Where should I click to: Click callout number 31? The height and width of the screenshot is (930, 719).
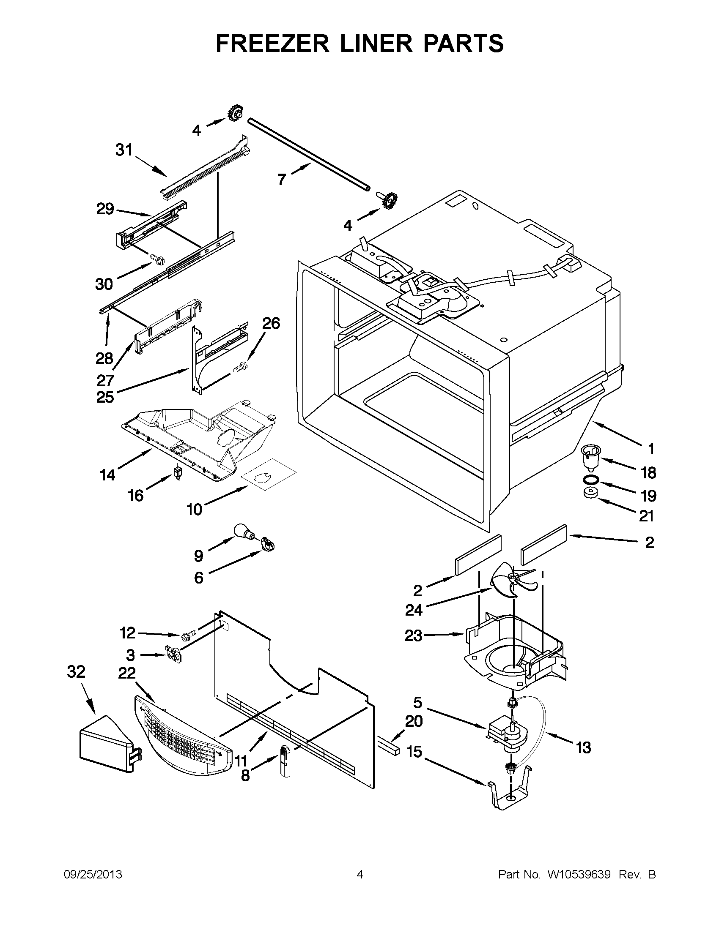pos(124,150)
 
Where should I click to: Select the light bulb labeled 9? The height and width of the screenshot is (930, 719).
pos(243,532)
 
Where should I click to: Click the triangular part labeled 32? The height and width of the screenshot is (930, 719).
pos(107,745)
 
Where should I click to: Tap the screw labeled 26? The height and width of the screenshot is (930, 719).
pos(240,367)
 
